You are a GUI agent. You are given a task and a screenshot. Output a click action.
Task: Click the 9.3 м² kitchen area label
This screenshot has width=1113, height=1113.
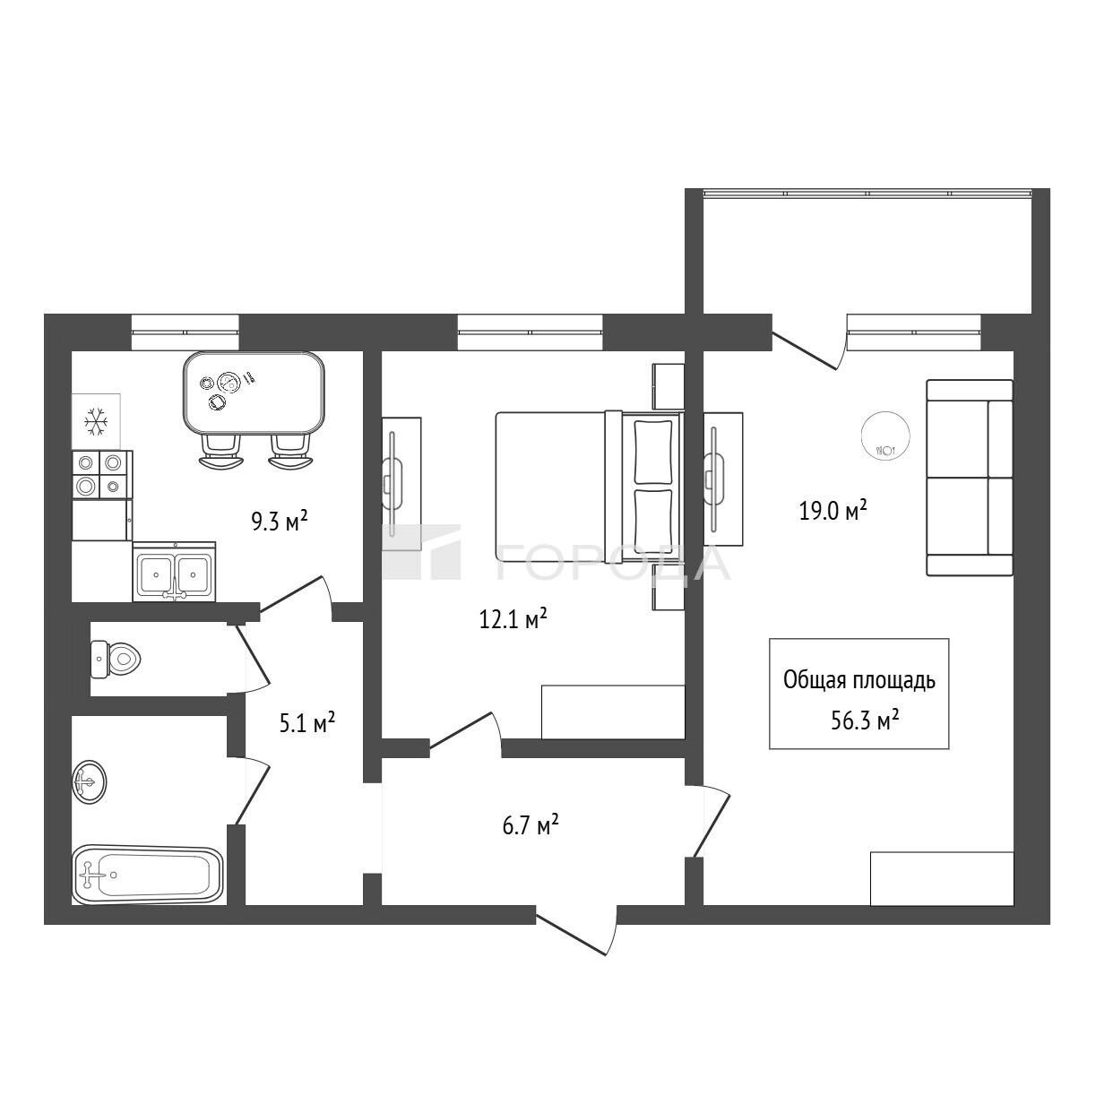279,522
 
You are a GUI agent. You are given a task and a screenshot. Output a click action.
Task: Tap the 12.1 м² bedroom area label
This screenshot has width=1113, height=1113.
513,620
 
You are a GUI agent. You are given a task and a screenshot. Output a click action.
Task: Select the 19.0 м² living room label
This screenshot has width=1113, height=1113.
833,511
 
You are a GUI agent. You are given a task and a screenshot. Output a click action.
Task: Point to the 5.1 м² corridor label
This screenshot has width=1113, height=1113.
307,723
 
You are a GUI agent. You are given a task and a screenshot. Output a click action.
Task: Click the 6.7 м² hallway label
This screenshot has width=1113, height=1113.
531,825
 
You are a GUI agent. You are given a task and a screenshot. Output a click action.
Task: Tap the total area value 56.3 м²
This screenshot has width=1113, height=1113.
864,720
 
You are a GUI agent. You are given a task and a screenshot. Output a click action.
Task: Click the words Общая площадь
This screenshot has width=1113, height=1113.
858,680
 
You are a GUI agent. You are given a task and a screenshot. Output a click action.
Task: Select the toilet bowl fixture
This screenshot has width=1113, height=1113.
116,659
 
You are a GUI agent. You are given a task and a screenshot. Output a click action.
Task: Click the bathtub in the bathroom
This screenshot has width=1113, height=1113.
148,875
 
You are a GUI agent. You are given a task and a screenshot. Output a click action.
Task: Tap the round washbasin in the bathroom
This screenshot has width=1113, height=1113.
90,781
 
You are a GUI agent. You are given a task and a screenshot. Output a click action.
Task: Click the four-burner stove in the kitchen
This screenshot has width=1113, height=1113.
102,474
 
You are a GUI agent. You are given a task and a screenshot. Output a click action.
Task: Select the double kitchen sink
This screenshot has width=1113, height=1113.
174,571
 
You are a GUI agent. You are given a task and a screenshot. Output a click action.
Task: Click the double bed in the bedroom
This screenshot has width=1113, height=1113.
589,487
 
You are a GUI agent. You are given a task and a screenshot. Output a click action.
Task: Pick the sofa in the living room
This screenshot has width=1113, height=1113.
970,478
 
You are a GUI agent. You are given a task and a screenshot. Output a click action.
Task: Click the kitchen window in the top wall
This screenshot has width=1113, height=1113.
185,332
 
